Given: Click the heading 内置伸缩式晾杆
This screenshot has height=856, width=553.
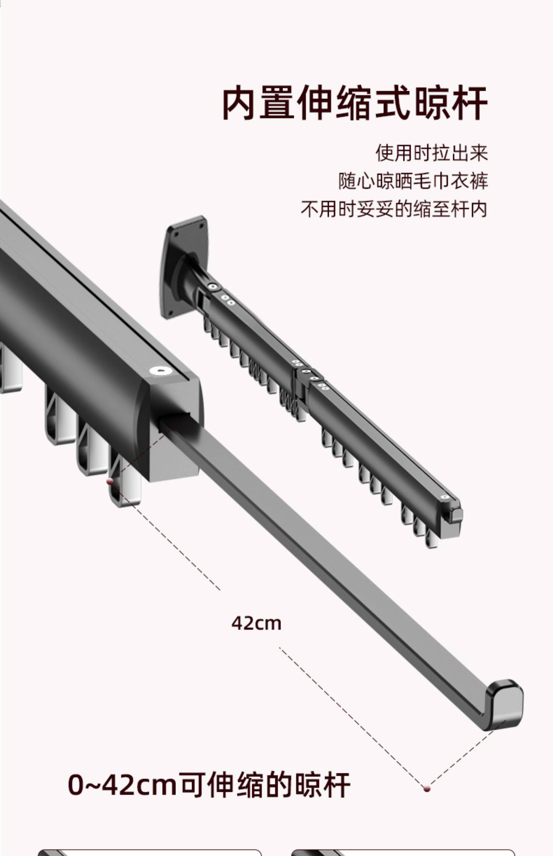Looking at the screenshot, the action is [x=355, y=103].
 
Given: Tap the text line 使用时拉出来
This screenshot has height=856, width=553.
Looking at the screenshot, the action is [x=432, y=153].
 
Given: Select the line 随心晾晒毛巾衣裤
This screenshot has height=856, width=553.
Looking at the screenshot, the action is [x=413, y=181].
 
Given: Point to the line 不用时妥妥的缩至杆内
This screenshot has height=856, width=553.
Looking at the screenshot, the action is [x=394, y=209].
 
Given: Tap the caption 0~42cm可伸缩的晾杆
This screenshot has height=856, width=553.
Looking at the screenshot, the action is [x=209, y=785].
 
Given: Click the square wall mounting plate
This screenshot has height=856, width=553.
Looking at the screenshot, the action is [x=184, y=265].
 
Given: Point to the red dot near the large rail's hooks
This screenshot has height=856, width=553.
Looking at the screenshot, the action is [x=109, y=481].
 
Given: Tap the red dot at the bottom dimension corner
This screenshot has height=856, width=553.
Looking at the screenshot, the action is [x=427, y=789].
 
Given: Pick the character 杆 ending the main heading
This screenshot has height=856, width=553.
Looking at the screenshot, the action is [x=469, y=103].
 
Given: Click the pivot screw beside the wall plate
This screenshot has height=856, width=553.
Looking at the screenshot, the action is [x=212, y=286].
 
